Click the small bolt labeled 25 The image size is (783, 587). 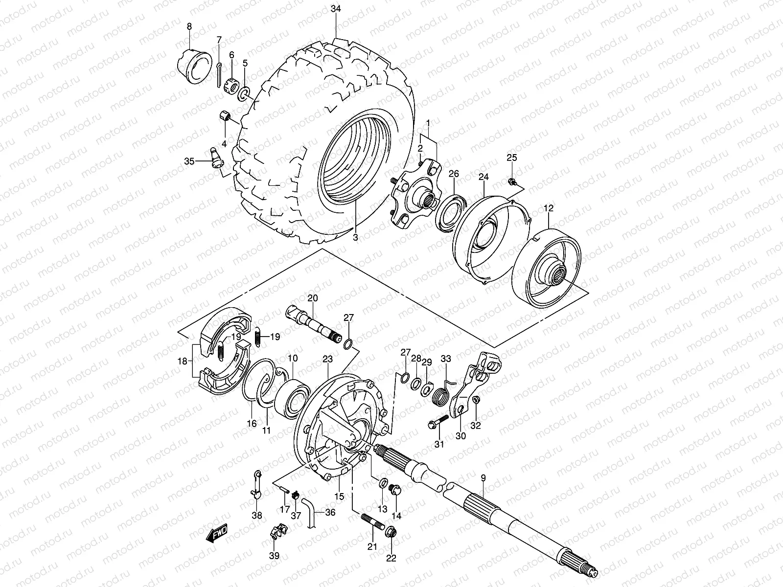tap(511, 182)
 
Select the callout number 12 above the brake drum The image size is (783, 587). tap(548, 208)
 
